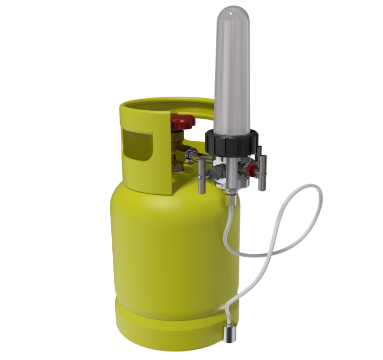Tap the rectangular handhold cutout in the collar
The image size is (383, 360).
[136, 145]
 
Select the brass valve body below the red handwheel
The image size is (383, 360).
[179, 146]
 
